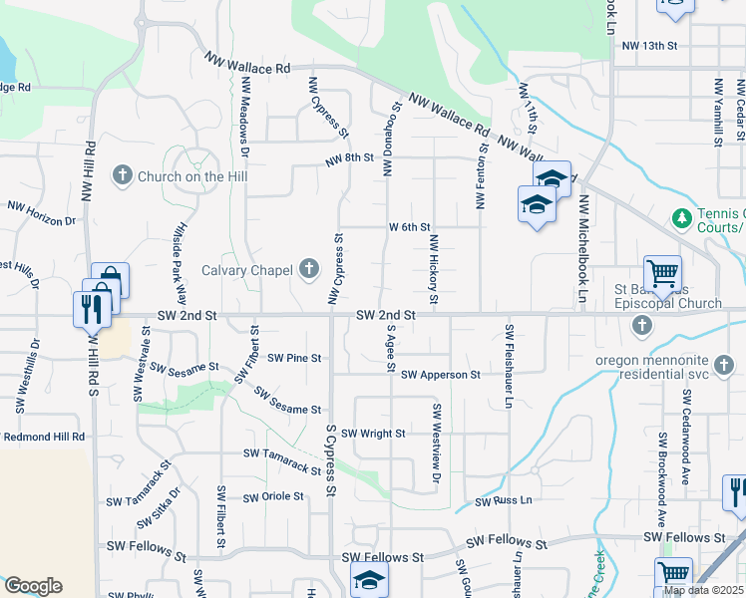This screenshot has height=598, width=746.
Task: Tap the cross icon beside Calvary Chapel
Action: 309,268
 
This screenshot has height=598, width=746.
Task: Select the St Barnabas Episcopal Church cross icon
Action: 641,326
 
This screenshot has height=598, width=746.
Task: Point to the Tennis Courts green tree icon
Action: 682,216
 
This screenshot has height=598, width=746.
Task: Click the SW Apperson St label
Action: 441,375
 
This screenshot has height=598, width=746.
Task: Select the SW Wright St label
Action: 373,434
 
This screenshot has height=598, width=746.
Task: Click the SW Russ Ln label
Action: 504,501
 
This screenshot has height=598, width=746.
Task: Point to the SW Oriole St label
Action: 272,496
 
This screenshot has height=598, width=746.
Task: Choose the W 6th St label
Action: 409,227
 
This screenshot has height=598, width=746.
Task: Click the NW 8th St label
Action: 348,157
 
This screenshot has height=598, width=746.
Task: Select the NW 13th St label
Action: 649,46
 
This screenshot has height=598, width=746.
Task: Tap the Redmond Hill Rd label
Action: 44,437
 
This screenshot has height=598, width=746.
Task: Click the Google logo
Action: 33,586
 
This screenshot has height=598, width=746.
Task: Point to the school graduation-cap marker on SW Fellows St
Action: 369,579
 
